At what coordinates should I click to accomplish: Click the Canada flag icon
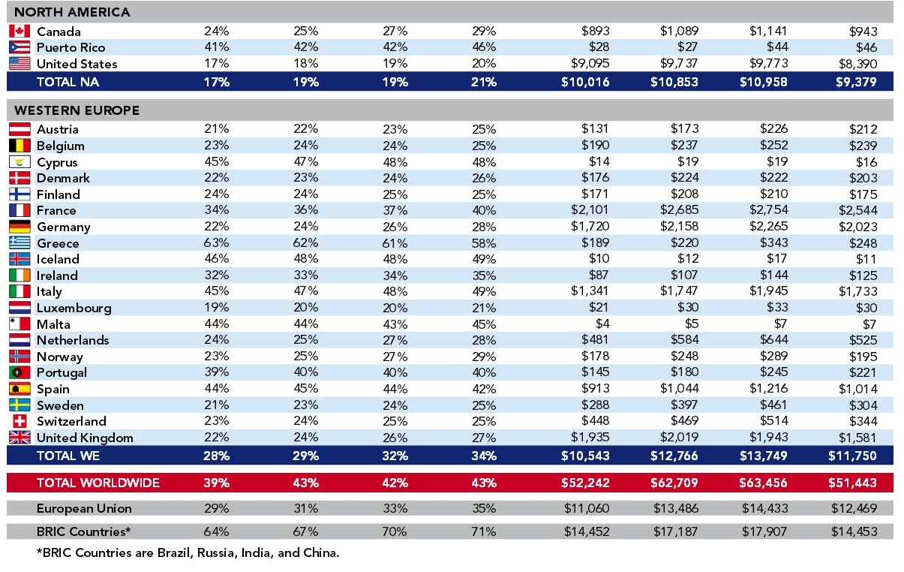tap(20, 31)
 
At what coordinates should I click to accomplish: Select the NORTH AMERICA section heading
tap(72, 12)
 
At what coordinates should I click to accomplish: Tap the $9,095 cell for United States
tap(590, 63)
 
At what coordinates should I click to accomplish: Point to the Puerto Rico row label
tap(71, 48)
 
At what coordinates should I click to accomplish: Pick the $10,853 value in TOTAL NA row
tap(674, 82)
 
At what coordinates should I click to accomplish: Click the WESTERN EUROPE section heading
tap(77, 110)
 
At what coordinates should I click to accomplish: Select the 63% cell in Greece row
tap(217, 242)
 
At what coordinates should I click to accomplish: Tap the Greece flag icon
tap(20, 242)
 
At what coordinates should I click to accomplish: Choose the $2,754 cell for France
tap(769, 210)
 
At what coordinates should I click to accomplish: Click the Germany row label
tap(63, 227)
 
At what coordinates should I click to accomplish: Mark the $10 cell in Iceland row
tap(599, 259)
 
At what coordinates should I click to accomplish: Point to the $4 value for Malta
tap(602, 324)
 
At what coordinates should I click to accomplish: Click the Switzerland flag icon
tap(20, 421)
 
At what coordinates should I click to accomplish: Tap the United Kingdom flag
tap(20, 438)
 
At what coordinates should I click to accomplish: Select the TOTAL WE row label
tap(68, 456)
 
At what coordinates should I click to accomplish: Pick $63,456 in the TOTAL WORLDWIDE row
tap(763, 483)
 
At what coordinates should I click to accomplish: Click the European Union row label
tap(84, 508)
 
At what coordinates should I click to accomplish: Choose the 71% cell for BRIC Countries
tap(483, 531)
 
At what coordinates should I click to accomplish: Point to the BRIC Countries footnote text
tap(188, 552)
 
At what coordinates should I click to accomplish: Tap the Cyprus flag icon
tap(20, 162)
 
